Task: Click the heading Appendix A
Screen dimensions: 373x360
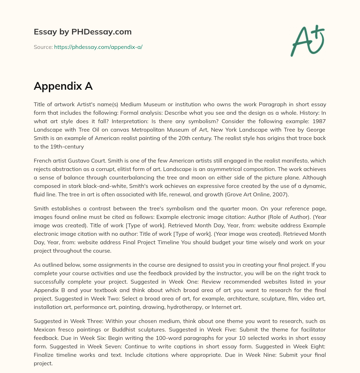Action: tap(63, 86)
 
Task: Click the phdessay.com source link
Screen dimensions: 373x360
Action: tap(98, 47)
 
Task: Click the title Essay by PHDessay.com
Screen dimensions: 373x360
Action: tap(83, 32)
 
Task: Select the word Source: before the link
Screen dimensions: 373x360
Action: tap(43, 47)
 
